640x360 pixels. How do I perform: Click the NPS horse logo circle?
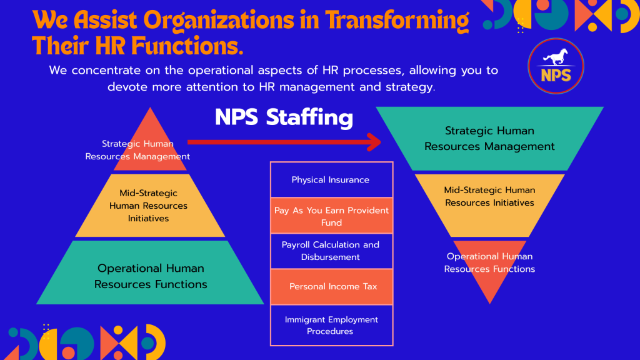(556, 66)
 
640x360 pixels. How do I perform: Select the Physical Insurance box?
(331, 179)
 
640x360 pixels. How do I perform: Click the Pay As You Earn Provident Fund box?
(331, 216)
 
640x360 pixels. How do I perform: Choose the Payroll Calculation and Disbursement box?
(331, 251)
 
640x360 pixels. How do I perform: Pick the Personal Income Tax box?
(331, 286)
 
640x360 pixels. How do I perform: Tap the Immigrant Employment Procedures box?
(331, 325)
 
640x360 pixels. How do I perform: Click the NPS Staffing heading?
(284, 117)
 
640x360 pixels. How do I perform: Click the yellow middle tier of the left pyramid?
(150, 205)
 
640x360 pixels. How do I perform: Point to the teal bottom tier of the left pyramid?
(150, 272)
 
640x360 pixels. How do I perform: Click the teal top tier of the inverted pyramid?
(490, 138)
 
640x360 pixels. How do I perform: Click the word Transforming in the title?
(397, 21)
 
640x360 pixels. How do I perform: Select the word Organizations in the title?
(219, 21)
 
